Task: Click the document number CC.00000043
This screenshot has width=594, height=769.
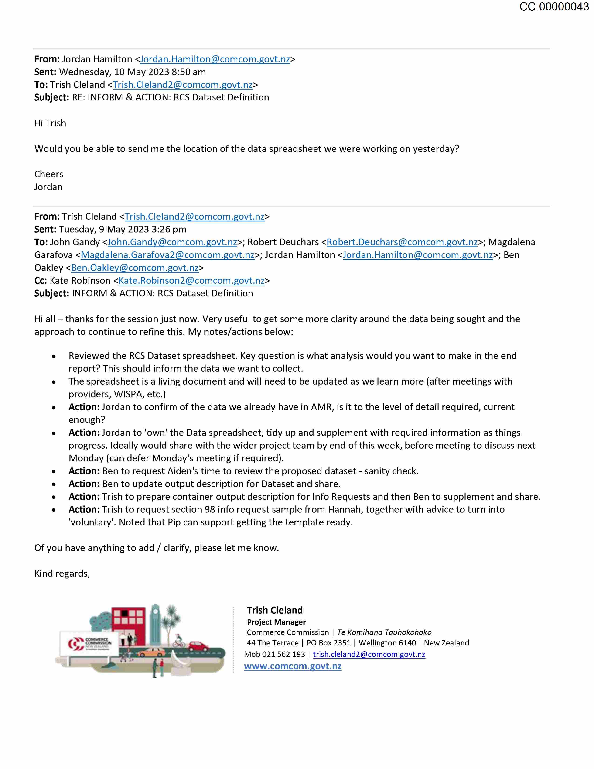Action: point(554,7)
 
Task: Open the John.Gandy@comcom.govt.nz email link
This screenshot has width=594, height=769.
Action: point(172,242)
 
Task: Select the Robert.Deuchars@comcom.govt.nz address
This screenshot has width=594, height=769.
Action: point(402,242)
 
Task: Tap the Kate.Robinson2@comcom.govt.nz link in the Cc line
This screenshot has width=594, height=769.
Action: point(191,281)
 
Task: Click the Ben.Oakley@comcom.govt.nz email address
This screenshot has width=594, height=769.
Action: point(135,268)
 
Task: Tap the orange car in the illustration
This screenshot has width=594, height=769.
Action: point(151,652)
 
